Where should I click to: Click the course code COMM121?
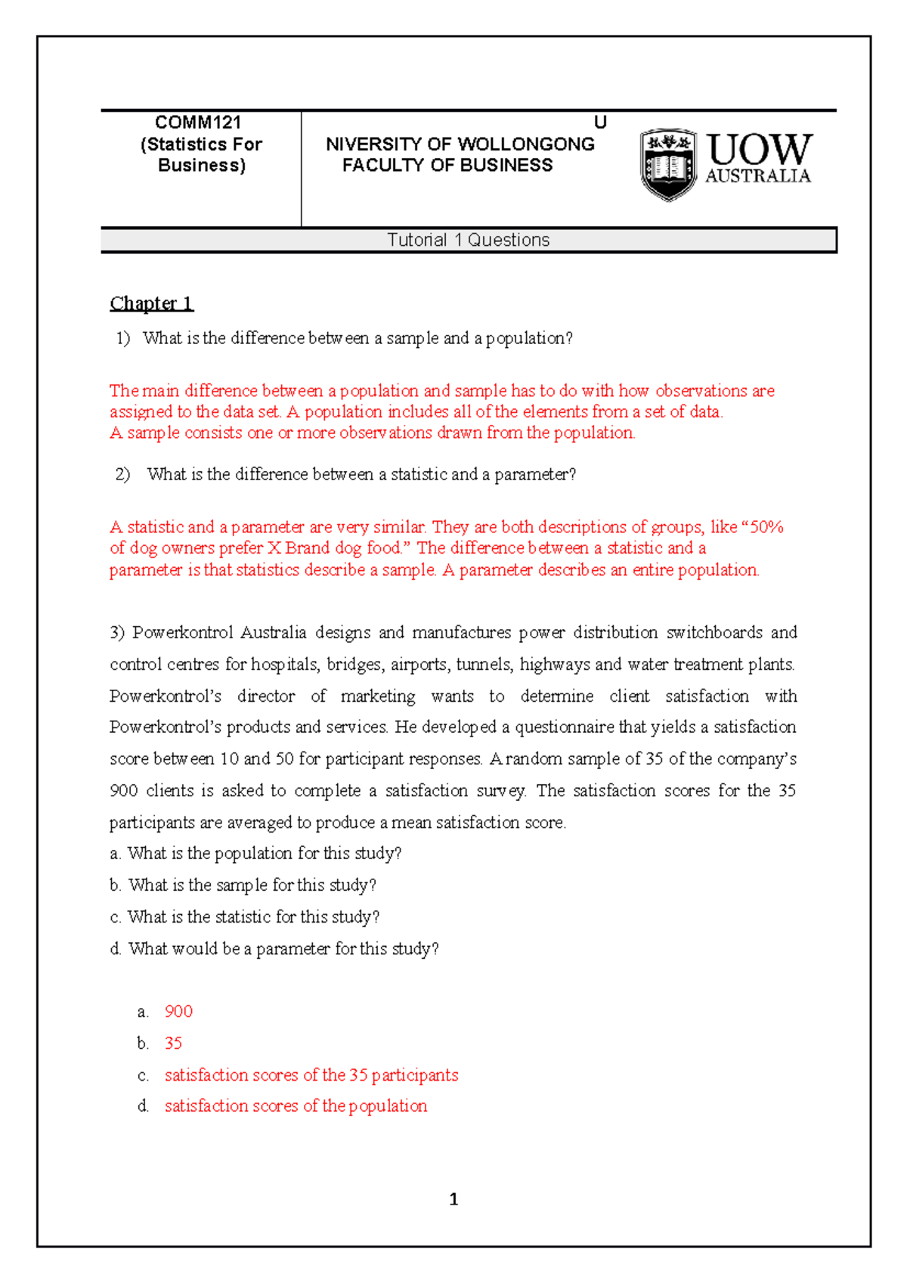pyautogui.click(x=198, y=123)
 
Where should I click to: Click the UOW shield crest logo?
pyautogui.click(x=668, y=164)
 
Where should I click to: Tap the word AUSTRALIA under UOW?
pyautogui.click(x=757, y=176)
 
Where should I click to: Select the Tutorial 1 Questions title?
pyautogui.click(x=468, y=240)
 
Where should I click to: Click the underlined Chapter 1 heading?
pyautogui.click(x=151, y=303)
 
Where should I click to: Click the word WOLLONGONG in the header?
pyautogui.click(x=526, y=144)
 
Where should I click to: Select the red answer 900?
pyautogui.click(x=178, y=1012)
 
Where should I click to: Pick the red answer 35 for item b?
pyautogui.click(x=173, y=1044)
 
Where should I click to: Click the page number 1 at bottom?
pyautogui.click(x=453, y=1199)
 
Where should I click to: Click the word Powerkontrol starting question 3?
pyautogui.click(x=182, y=632)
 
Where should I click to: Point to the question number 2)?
pyautogui.click(x=123, y=474)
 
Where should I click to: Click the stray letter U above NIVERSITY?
pyautogui.click(x=600, y=123)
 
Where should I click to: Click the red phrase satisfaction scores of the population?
pyautogui.click(x=296, y=1106)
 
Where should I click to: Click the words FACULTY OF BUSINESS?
pyautogui.click(x=447, y=166)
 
